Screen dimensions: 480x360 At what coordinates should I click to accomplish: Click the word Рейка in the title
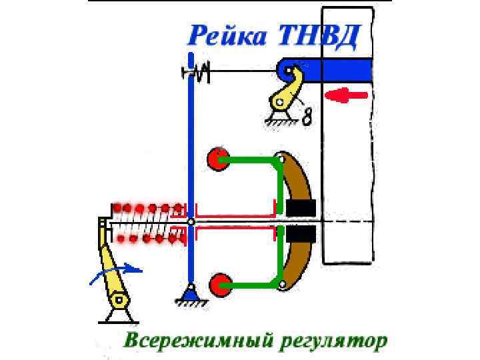coord(225,34)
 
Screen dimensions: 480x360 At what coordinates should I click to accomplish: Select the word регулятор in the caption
coord(333,341)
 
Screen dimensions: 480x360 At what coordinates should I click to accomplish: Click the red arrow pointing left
coord(346,95)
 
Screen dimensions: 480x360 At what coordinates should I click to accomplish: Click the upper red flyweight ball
coord(217,158)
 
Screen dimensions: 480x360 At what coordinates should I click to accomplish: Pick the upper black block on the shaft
coord(300,208)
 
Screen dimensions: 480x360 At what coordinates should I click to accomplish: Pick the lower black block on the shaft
coord(300,234)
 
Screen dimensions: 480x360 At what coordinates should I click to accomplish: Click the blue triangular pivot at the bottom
coord(190,292)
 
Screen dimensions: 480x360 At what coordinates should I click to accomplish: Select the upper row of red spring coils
coord(147,207)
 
